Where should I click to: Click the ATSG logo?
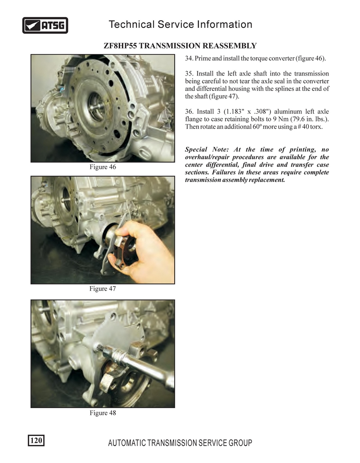click(x=45, y=25)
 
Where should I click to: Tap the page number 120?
click(x=36, y=441)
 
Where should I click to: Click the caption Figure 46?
click(x=103, y=167)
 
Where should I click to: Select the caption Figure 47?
click(x=103, y=289)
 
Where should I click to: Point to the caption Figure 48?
click(x=103, y=413)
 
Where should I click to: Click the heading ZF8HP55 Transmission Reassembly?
click(x=180, y=46)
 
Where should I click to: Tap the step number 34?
click(x=189, y=58)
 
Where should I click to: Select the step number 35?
click(x=189, y=74)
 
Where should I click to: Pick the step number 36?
click(x=189, y=112)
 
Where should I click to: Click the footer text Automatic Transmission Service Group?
click(x=180, y=443)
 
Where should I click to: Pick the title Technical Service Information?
click(x=180, y=24)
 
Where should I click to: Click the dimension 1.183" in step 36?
click(x=234, y=112)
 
